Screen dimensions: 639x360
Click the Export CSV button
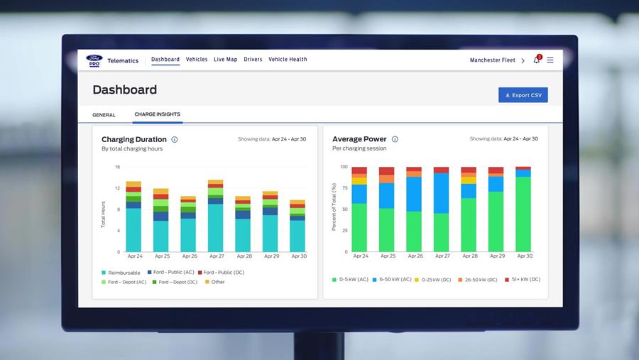point(523,95)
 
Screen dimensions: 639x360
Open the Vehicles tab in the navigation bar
point(197,60)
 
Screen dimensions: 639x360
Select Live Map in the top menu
point(225,60)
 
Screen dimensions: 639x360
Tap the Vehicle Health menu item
point(288,60)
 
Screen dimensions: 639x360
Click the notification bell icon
point(537,60)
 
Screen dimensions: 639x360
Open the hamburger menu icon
point(550,60)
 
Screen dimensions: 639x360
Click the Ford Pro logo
point(94,60)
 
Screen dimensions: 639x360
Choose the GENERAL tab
point(104,115)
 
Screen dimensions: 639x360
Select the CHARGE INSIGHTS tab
point(158,114)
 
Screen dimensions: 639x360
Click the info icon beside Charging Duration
point(175,139)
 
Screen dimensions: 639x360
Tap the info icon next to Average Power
point(395,139)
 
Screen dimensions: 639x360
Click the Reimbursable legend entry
point(121,273)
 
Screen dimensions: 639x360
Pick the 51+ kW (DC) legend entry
point(523,280)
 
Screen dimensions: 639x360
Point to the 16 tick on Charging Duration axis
point(117,167)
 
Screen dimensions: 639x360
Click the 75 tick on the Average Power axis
point(345,188)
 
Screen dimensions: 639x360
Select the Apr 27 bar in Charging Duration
point(216,216)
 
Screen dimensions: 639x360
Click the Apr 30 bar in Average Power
point(523,209)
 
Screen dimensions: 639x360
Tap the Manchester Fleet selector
point(497,60)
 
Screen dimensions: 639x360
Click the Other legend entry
point(214,282)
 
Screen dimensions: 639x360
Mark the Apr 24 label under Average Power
point(361,256)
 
